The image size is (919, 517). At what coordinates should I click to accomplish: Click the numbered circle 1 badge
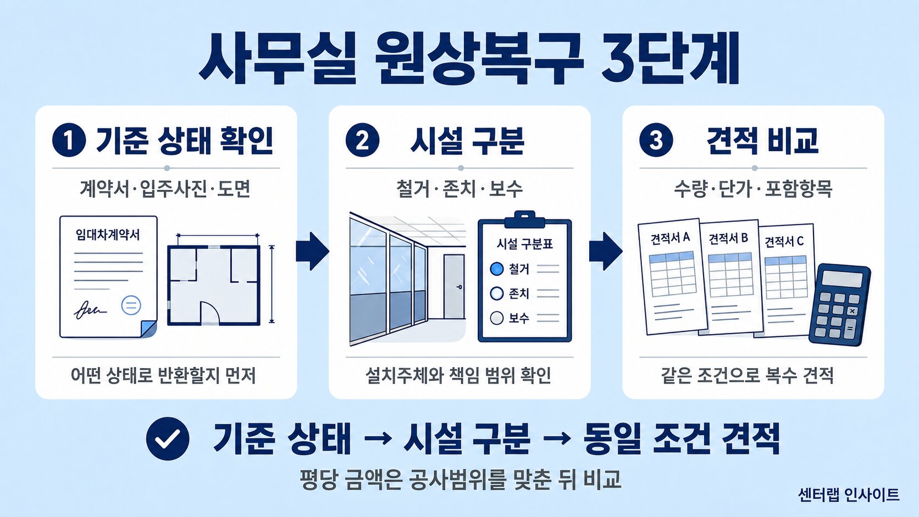(69, 140)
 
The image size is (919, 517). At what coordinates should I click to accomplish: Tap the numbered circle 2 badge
(362, 140)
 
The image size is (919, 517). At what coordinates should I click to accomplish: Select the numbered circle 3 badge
(656, 140)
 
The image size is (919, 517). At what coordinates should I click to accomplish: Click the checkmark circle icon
(168, 438)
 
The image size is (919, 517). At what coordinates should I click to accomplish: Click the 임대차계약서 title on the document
(108, 235)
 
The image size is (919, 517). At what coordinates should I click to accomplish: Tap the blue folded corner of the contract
(148, 329)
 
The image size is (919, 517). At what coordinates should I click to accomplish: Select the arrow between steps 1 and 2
(313, 251)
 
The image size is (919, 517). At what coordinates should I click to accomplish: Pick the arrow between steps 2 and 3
(606, 251)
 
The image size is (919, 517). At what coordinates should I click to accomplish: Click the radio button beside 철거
(497, 269)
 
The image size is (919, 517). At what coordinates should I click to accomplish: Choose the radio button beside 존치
(497, 293)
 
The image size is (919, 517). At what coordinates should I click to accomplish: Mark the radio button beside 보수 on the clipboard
(497, 318)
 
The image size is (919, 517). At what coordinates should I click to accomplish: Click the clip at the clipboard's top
(525, 220)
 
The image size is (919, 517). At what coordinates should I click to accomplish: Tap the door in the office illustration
(454, 286)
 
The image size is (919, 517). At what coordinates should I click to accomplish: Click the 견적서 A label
(671, 238)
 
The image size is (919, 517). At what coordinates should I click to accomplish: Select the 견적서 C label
(784, 242)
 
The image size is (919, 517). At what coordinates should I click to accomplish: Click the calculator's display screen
(842, 279)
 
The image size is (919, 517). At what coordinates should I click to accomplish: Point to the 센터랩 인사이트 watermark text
(849, 495)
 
